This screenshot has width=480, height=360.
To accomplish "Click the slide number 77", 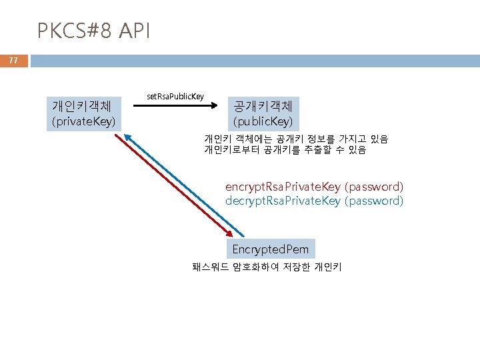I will point(13,61).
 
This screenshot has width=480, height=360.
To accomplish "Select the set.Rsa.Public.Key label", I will point(175,97).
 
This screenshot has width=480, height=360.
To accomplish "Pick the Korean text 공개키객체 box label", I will point(263,106).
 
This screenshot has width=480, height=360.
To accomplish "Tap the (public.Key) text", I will point(263,121).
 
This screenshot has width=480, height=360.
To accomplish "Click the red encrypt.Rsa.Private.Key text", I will point(283,187).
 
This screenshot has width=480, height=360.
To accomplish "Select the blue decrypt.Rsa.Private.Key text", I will point(283,201).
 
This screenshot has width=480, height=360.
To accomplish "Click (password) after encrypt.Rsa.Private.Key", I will point(373,187).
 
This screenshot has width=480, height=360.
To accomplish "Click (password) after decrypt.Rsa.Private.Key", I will point(373,201).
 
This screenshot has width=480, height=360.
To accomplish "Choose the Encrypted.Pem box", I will point(270,249).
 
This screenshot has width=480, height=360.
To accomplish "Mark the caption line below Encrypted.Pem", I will point(267,267).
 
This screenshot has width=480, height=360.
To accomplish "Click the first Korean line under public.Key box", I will point(295,139).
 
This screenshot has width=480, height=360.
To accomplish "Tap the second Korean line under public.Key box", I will point(285,150).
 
